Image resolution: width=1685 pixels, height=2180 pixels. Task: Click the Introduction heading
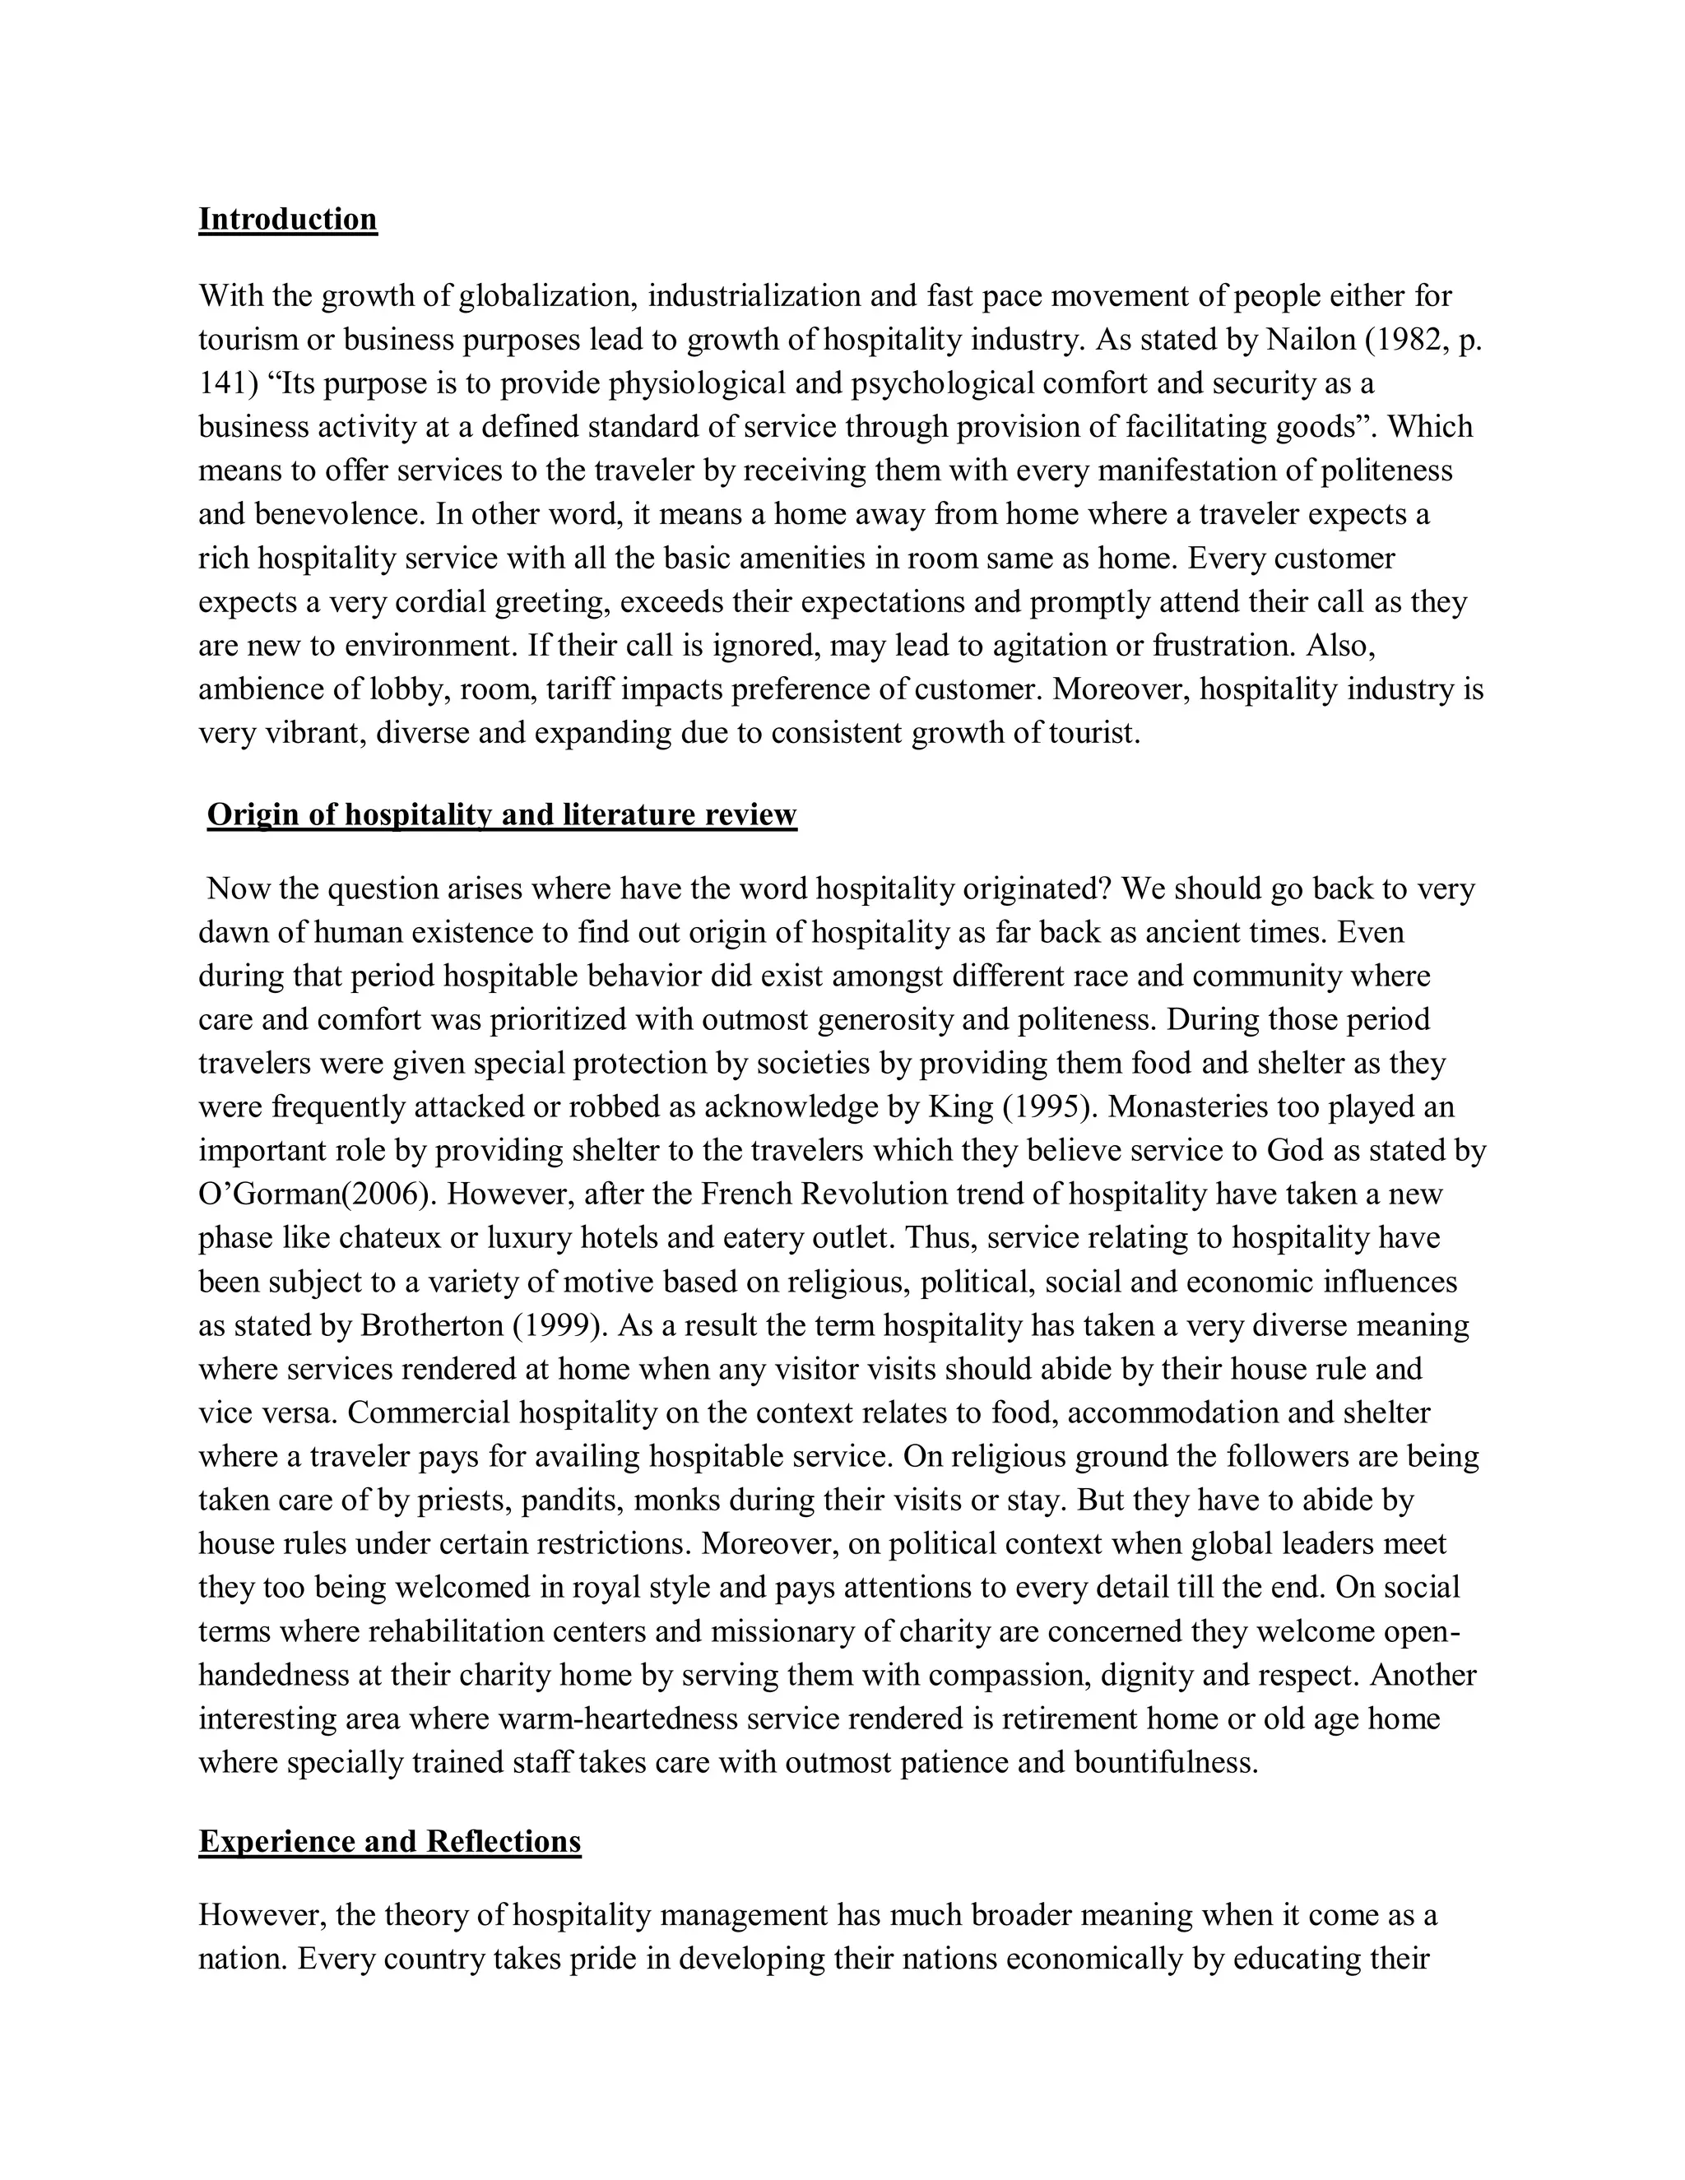287,219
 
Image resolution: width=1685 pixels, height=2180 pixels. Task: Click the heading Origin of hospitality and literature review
501,814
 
